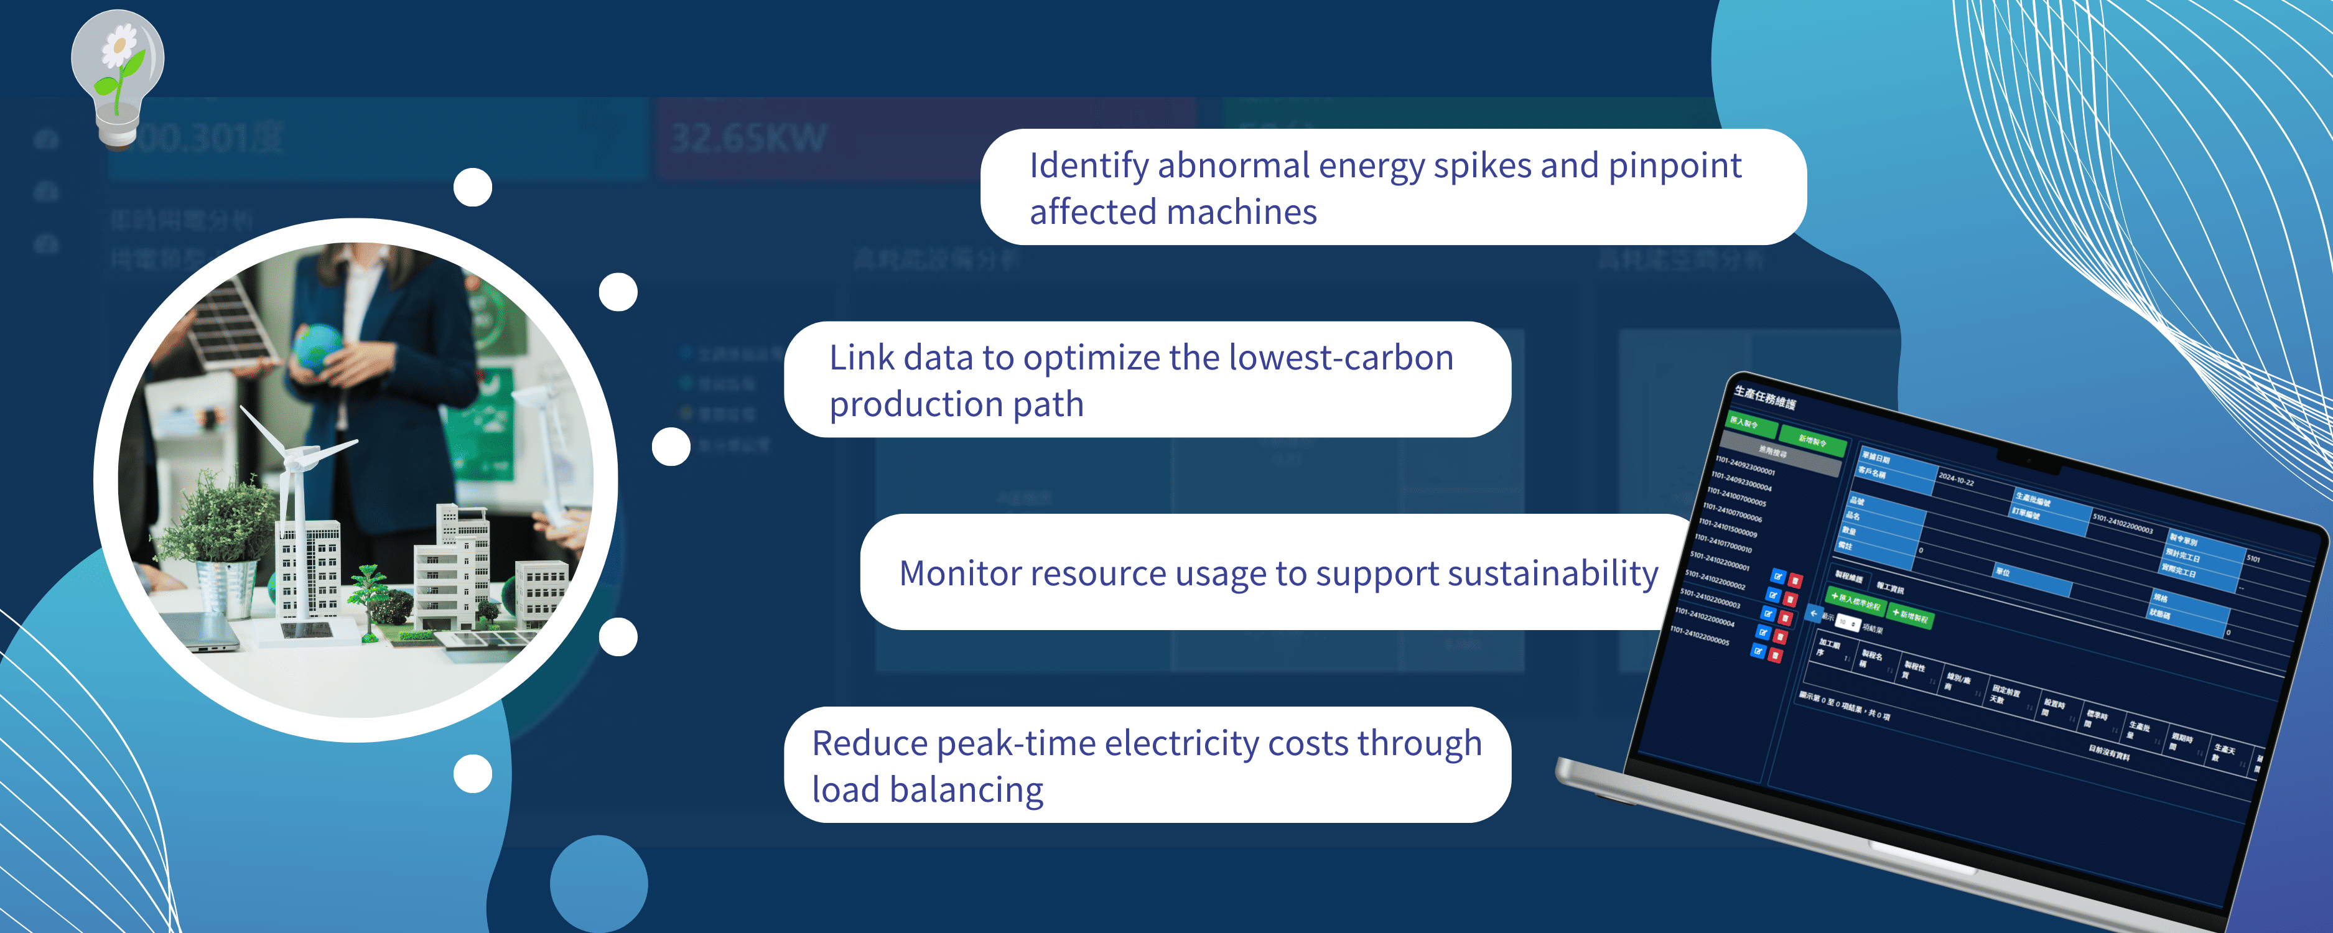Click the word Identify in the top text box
point(1089,166)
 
